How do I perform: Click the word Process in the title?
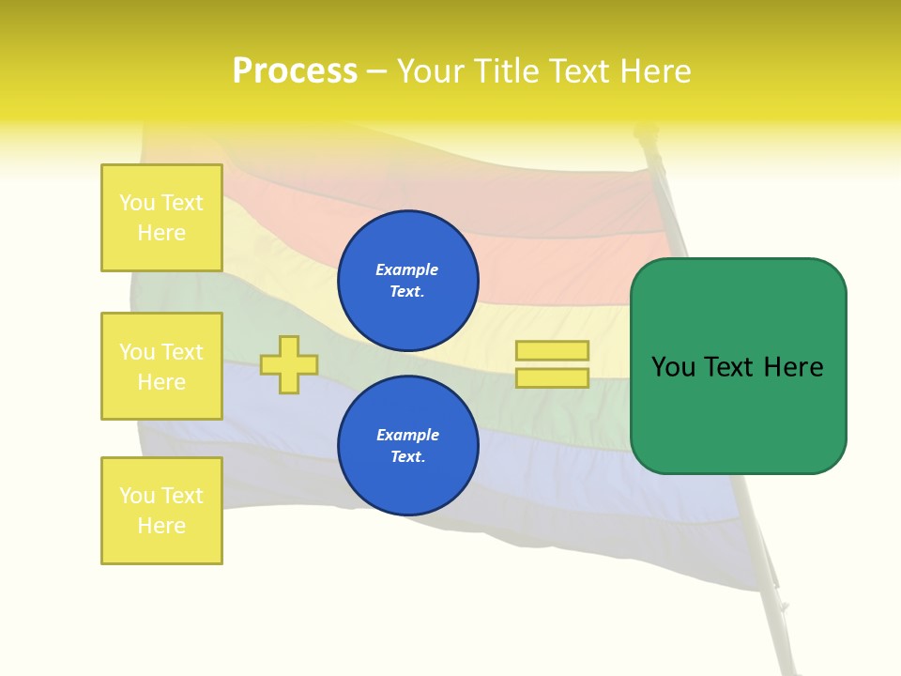point(295,71)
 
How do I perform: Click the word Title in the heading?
point(507,71)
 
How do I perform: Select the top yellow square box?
point(161,218)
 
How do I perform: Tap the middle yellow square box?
point(161,366)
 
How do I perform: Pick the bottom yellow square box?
point(161,511)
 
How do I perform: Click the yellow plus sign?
point(289,364)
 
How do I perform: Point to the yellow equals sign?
point(552,364)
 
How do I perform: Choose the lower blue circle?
point(408,446)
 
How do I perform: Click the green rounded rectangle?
point(738,366)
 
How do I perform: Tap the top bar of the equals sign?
point(552,350)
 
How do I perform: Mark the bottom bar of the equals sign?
point(552,378)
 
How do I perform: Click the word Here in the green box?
point(793,367)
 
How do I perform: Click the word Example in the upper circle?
point(407,270)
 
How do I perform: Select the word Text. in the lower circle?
point(407,457)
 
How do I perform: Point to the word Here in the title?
point(653,71)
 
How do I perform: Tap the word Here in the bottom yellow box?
point(161,526)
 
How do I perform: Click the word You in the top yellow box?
point(138,203)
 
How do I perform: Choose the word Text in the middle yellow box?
point(182,352)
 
